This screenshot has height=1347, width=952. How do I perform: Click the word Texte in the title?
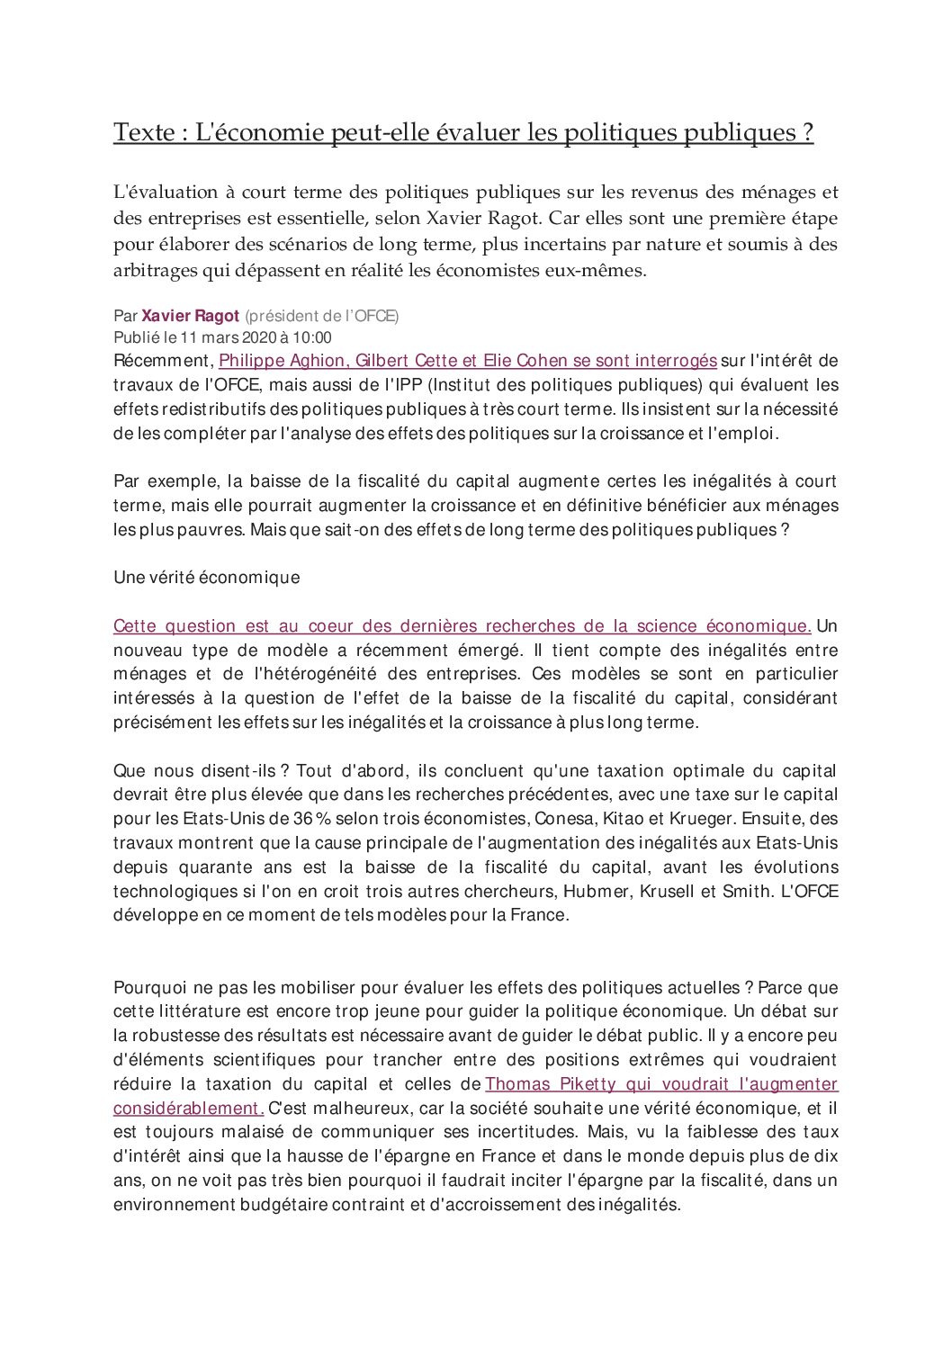144,133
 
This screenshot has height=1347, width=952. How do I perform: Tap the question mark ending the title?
807,133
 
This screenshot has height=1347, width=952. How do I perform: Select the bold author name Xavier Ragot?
190,316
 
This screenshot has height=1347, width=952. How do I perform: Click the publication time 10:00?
312,337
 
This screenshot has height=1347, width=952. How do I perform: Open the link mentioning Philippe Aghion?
467,361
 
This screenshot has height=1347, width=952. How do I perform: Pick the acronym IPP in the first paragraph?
407,385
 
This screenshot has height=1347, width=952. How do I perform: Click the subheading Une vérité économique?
206,578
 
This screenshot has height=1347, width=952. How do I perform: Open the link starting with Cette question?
462,626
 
